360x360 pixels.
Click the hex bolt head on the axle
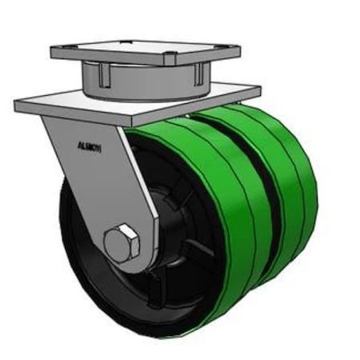pos(122,242)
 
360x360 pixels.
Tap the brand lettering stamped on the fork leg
pos(89,146)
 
